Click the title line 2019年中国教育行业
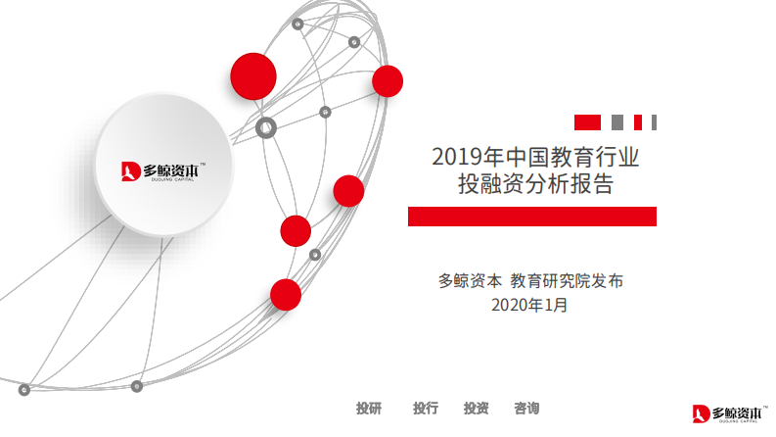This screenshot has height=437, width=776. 529,156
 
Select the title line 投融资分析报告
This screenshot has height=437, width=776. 529,183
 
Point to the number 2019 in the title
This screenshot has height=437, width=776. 453,156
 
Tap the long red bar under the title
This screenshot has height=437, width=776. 531,217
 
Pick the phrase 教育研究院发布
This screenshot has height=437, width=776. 567,280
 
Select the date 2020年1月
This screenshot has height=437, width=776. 529,305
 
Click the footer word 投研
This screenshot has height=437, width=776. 369,408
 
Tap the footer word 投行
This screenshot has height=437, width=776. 425,408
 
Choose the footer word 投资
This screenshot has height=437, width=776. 476,408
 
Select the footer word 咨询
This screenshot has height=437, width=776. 526,408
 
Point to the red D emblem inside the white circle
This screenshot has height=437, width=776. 130,172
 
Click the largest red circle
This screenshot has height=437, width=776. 253,75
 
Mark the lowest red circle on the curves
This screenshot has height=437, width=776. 286,294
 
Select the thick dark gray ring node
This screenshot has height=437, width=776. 265,126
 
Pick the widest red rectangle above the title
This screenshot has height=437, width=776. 587,122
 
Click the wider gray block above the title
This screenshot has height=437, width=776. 617,122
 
